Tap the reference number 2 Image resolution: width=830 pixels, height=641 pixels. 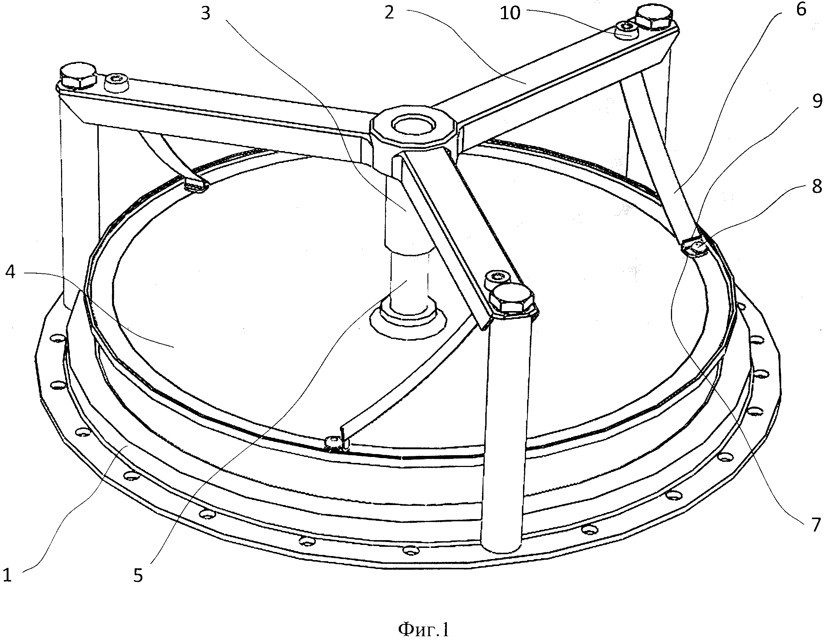(x=389, y=13)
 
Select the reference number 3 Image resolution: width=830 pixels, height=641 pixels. (x=206, y=14)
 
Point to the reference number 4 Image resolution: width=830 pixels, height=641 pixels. (x=10, y=272)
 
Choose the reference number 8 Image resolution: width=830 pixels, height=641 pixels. (x=817, y=187)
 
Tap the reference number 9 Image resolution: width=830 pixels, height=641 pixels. (x=817, y=102)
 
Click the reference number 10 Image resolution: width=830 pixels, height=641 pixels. (x=510, y=13)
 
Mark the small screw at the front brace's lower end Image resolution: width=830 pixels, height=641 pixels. (x=333, y=441)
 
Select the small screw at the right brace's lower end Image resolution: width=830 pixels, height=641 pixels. (x=698, y=247)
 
